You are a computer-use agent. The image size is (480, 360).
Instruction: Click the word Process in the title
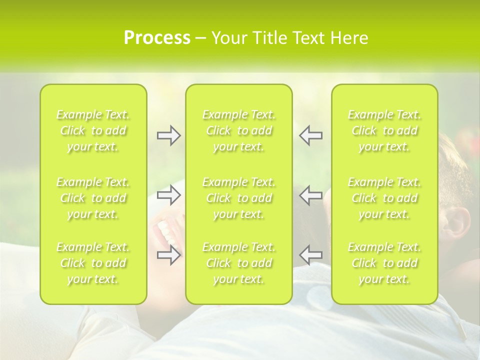coord(157,38)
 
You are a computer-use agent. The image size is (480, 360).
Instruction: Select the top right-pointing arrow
coord(169,135)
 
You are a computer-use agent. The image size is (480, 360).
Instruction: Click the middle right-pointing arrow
coord(169,195)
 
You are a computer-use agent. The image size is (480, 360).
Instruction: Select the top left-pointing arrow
coord(311,135)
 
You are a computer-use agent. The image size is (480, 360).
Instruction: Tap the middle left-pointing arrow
coord(311,195)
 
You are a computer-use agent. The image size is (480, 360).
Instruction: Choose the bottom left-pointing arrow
coord(311,255)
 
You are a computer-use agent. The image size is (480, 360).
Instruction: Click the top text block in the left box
coord(93,130)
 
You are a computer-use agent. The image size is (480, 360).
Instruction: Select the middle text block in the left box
coord(93,198)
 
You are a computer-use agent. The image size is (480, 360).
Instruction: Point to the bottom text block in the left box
coord(93,263)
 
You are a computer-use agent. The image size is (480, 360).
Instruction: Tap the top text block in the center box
coord(239,130)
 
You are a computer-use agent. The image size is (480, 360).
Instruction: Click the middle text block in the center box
coord(239,198)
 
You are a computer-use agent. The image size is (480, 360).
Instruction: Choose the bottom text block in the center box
coord(239,263)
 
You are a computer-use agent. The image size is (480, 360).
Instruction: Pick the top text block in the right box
coord(384,130)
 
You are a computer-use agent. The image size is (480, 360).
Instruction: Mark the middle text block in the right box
coord(384,198)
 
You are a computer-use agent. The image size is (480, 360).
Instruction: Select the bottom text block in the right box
coord(384,263)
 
